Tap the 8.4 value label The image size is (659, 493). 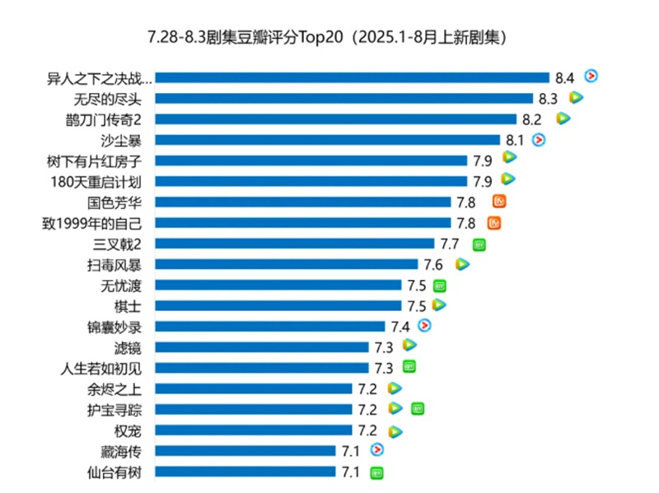point(564,78)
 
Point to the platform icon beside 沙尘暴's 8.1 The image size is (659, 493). point(539,139)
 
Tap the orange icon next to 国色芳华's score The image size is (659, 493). point(499,201)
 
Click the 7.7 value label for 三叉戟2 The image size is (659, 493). point(449,244)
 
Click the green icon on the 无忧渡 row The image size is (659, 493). point(440,285)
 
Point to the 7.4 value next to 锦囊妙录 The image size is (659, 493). point(400,327)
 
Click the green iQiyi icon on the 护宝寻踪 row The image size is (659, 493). point(418,408)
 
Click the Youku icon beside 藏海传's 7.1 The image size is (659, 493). point(376,449)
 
